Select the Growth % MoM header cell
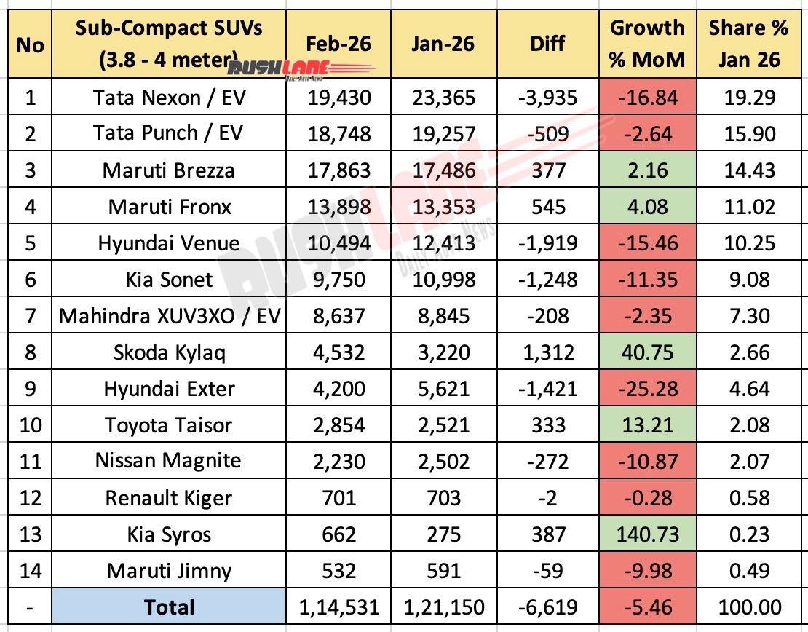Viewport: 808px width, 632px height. point(647,43)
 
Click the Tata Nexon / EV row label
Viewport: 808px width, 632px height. point(170,97)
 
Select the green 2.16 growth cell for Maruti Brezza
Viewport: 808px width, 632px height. point(647,170)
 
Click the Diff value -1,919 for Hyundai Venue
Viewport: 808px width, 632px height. point(547,242)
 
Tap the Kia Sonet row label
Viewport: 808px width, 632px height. point(170,279)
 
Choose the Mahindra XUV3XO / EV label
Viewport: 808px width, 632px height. point(170,316)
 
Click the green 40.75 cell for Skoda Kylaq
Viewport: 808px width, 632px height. point(647,352)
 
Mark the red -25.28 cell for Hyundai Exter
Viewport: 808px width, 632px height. point(647,389)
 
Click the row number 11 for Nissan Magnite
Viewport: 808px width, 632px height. point(29,462)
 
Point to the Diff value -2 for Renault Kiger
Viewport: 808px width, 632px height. point(547,498)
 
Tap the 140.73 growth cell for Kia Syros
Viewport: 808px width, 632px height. point(647,534)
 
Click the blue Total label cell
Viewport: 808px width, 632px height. point(170,607)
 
